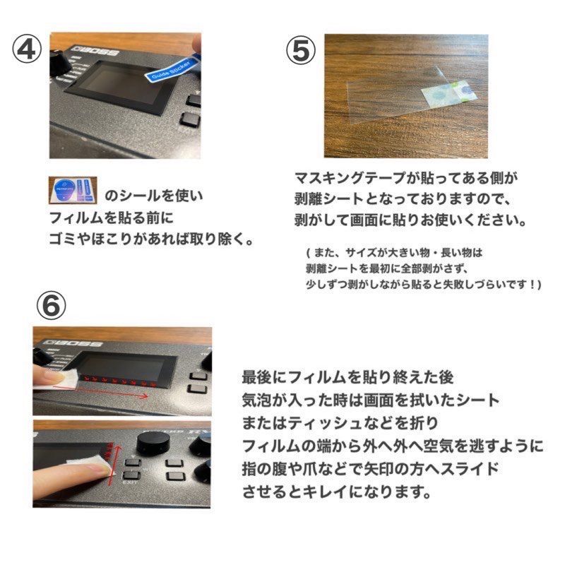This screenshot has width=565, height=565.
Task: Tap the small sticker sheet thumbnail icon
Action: click(73, 190)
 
